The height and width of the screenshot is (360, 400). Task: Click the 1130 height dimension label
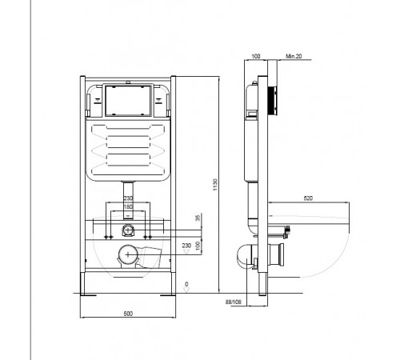tap(215, 185)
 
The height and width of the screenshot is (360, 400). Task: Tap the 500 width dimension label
tap(128, 314)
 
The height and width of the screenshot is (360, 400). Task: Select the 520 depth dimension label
tap(308, 198)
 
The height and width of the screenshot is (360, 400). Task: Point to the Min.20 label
tap(294, 56)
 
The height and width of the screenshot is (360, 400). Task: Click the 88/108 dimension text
tap(234, 302)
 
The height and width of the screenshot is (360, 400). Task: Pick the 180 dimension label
tap(128, 206)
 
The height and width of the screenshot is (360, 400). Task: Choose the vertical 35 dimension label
tap(198, 218)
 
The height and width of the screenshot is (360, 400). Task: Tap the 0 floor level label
tap(186, 284)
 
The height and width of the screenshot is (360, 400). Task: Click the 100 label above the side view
tap(256, 56)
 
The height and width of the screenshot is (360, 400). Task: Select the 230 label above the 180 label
tap(128, 198)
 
